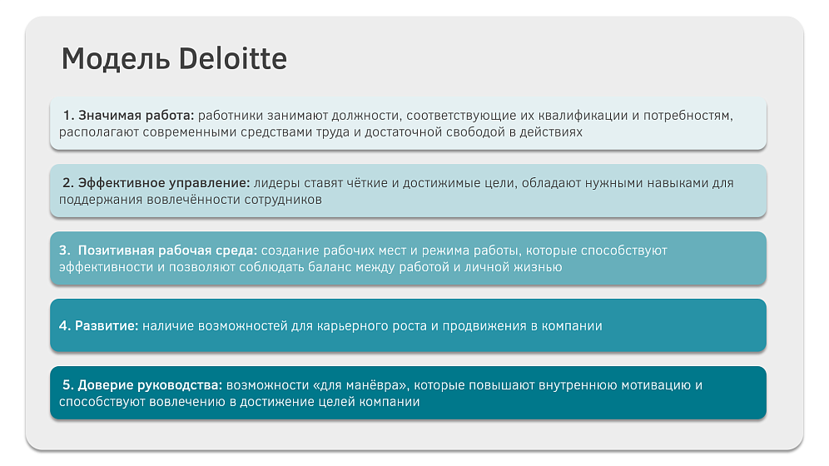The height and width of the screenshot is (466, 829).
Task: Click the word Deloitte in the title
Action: tap(232, 58)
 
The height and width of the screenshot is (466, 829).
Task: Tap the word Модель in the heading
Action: tap(116, 59)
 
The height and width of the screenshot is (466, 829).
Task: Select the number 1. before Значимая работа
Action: tap(69, 115)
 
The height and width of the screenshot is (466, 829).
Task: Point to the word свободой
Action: tap(475, 132)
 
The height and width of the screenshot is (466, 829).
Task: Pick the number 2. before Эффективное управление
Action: tap(68, 183)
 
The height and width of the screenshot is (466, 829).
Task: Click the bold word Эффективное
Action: tap(122, 183)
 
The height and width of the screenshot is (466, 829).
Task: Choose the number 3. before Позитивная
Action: tap(64, 250)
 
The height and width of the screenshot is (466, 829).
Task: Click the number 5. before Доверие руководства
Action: tap(68, 385)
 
